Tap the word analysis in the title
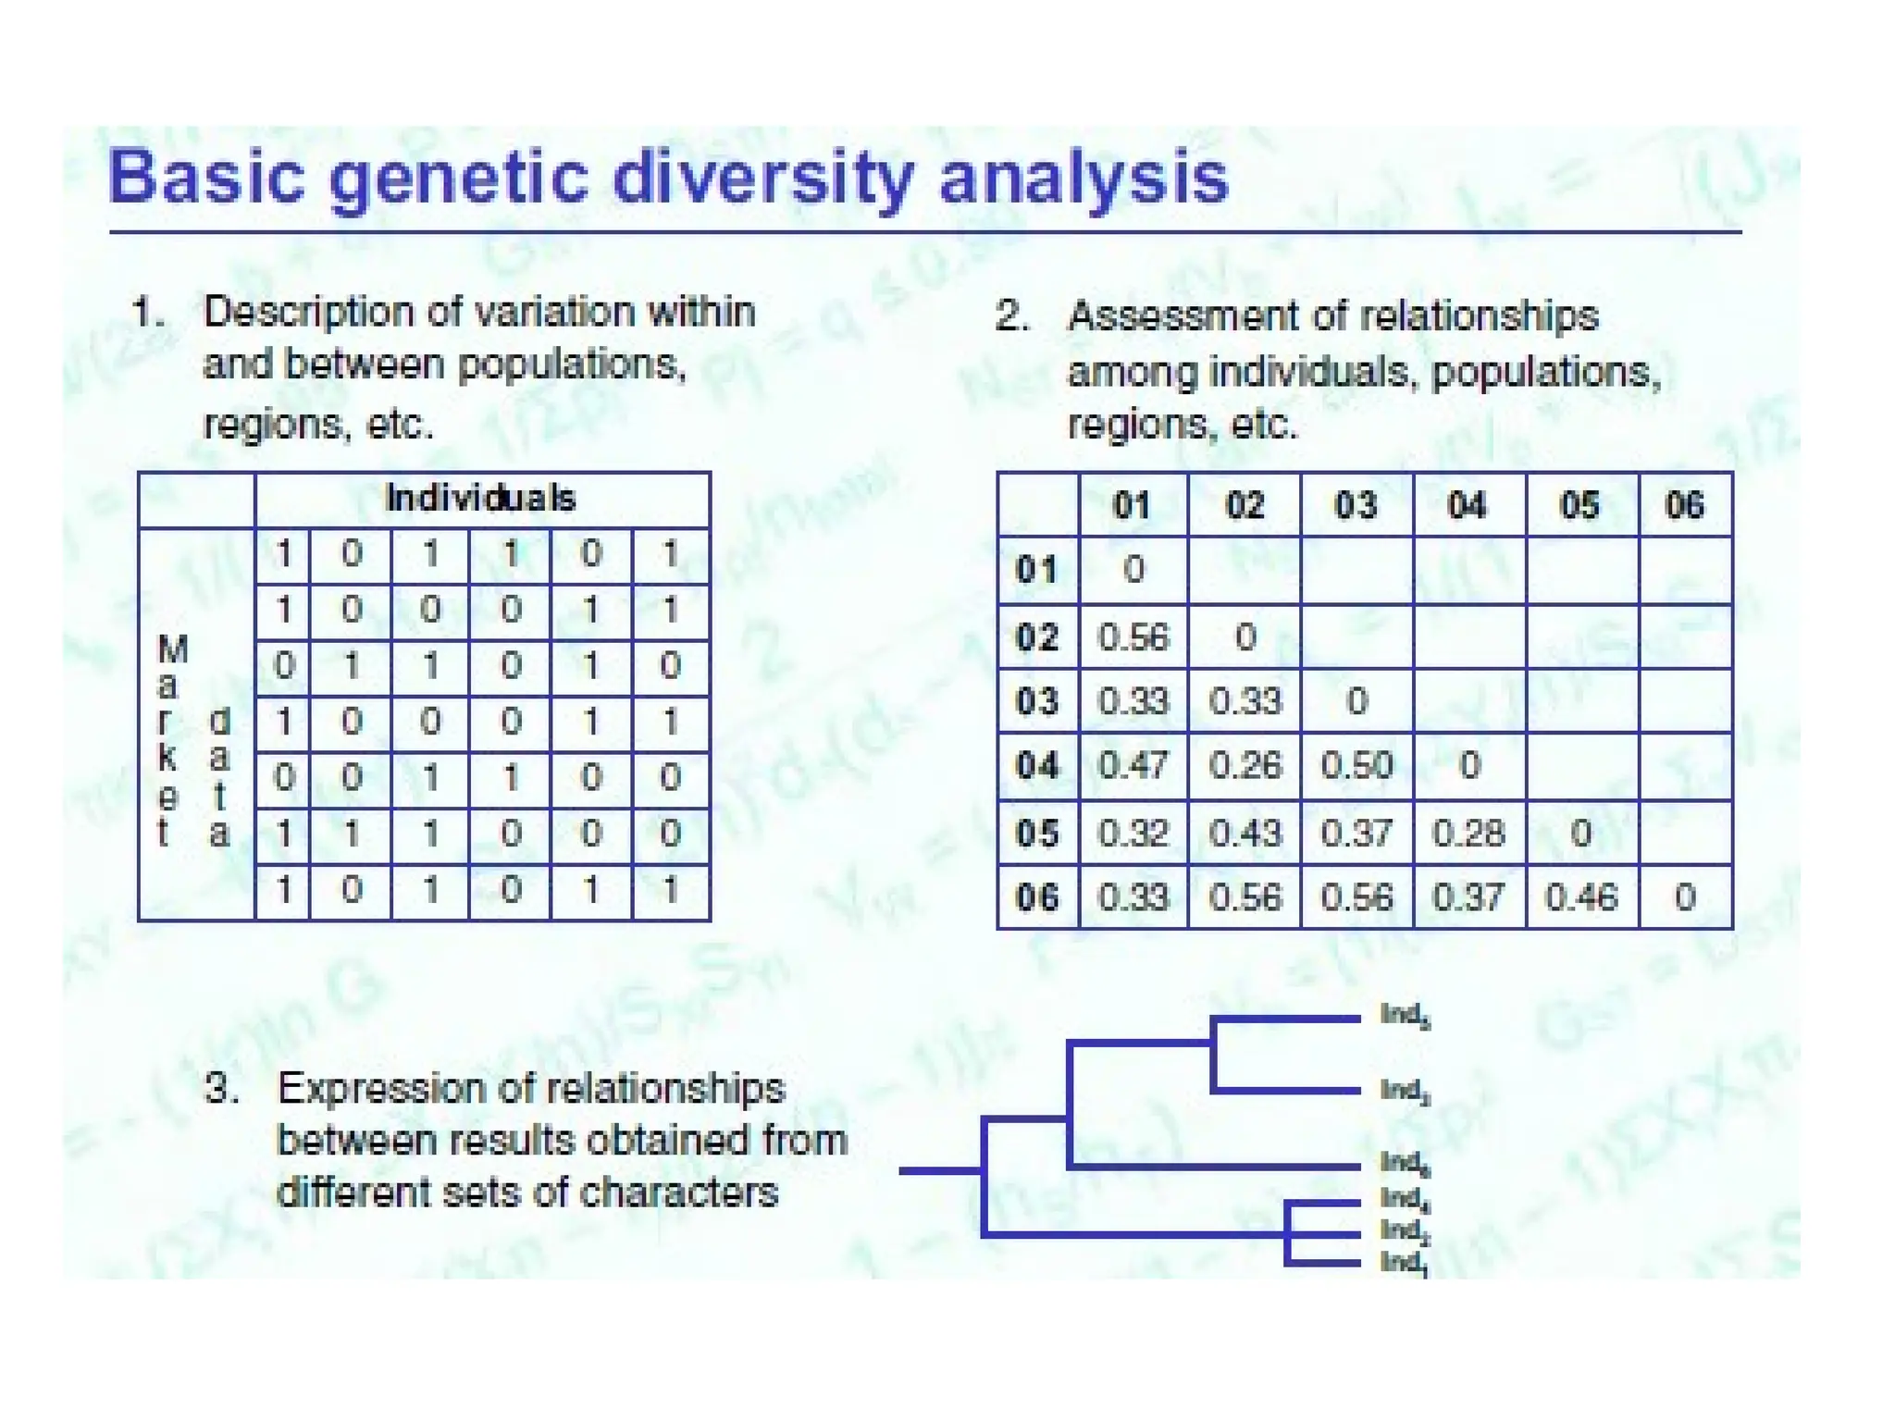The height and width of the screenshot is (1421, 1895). (x=1083, y=178)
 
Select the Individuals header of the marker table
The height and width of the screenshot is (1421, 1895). (x=480, y=499)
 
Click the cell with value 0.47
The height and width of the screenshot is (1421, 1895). (x=1133, y=766)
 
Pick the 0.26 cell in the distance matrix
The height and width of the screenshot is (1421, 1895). (x=1245, y=766)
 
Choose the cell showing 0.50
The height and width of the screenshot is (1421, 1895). (x=1356, y=766)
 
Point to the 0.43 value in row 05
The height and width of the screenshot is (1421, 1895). (x=1245, y=833)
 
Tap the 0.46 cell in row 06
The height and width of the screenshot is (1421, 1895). (x=1580, y=897)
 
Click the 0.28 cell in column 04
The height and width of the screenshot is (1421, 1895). (x=1468, y=833)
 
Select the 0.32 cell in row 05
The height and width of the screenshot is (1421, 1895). (x=1133, y=833)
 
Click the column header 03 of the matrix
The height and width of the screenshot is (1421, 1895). (x=1356, y=505)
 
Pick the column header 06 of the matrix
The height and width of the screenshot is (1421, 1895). (x=1684, y=505)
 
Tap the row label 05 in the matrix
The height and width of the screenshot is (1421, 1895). (x=1036, y=833)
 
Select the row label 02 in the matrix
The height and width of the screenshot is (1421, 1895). (x=1036, y=637)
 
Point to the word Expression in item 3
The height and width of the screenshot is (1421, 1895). (x=377, y=1089)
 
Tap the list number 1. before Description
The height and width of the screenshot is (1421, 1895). (x=148, y=313)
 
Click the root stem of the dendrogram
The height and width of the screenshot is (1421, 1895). (x=939, y=1171)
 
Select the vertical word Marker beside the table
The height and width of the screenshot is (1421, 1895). (x=170, y=740)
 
